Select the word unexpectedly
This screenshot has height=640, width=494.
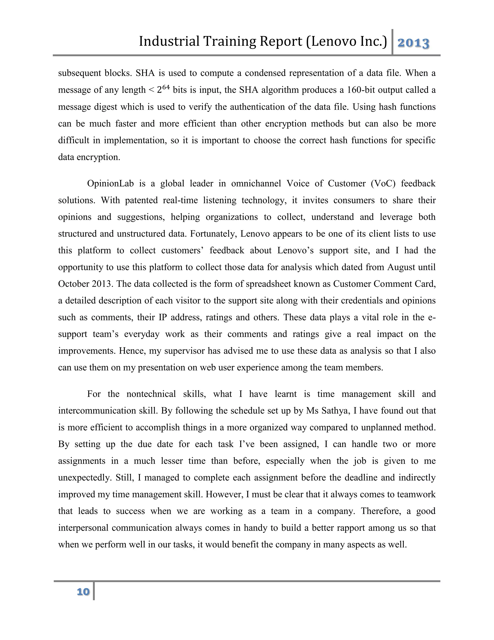84,477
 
